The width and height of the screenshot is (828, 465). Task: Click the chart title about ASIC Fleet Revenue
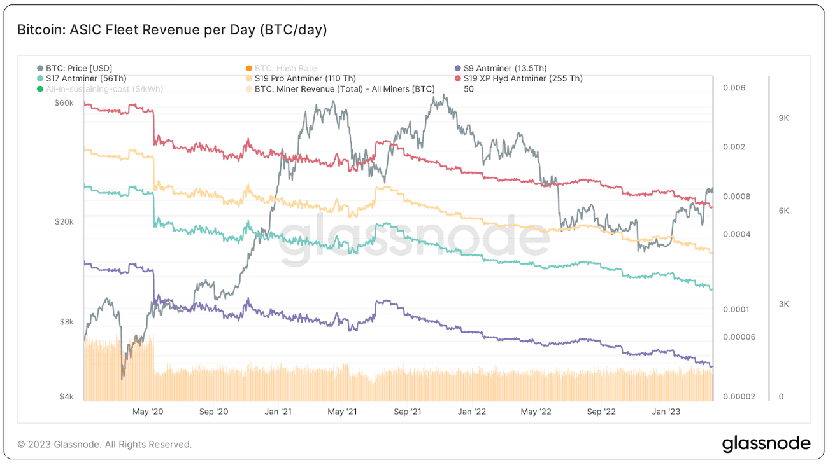172,30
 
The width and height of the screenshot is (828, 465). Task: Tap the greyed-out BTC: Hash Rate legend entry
285,68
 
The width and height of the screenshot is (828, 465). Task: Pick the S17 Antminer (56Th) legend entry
86,78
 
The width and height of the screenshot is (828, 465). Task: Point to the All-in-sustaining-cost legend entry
104,89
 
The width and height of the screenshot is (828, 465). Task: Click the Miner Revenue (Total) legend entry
344,89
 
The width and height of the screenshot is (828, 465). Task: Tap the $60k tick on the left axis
64,102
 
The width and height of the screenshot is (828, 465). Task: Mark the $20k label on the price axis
64,222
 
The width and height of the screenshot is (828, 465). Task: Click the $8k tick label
66,323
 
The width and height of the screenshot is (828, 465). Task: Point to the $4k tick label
66,397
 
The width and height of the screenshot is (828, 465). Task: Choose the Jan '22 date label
472,412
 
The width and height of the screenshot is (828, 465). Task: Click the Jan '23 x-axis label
666,412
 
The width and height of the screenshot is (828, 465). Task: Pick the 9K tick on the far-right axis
784,118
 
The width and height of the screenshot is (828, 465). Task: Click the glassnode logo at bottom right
766,443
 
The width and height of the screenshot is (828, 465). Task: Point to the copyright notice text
104,444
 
